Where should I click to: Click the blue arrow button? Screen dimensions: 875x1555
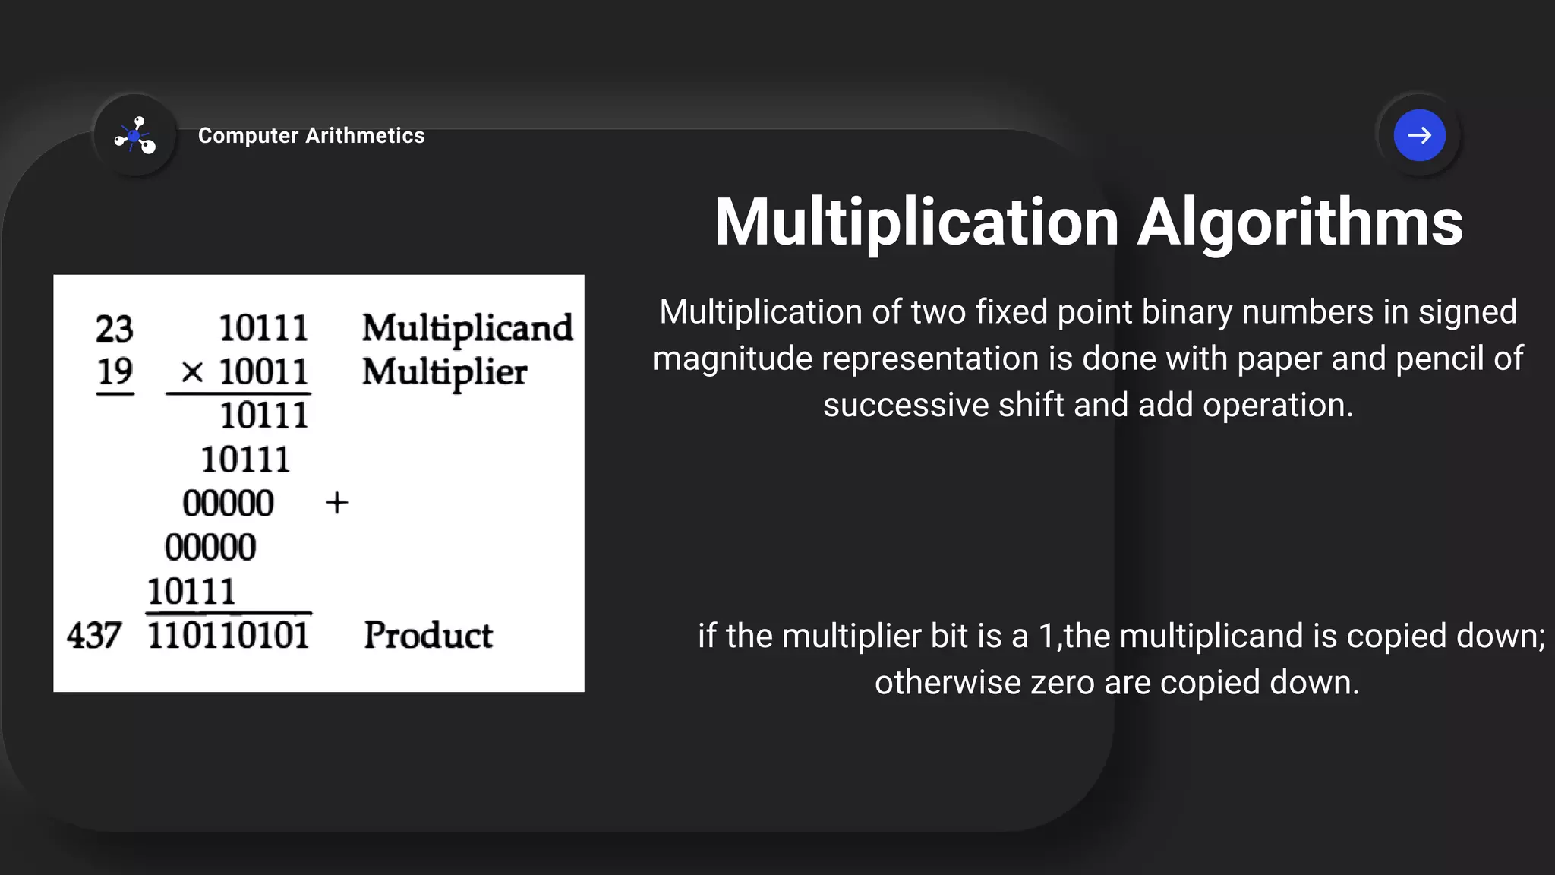click(1419, 135)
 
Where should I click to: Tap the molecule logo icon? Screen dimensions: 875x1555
click(135, 135)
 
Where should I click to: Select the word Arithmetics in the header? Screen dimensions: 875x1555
click(365, 136)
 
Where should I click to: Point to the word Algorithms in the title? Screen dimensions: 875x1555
click(1299, 223)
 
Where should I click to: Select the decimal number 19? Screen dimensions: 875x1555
click(115, 372)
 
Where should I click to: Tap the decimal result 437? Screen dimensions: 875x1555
click(94, 636)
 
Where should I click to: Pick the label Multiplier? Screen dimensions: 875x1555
click(444, 373)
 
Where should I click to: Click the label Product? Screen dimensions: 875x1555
click(428, 636)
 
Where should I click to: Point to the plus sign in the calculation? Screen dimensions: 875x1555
click(336, 503)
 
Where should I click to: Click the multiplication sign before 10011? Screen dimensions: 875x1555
click(192, 372)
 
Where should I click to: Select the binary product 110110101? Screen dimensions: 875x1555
click(228, 636)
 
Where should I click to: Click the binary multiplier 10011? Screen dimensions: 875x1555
click(263, 372)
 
